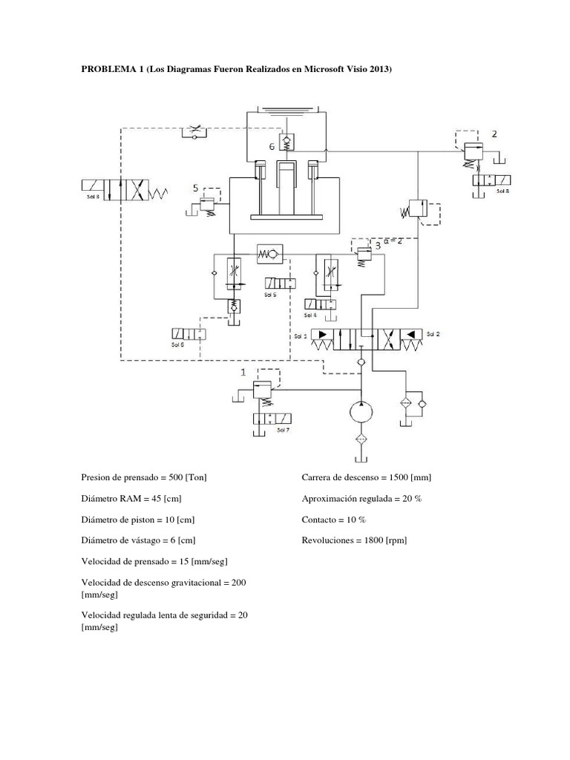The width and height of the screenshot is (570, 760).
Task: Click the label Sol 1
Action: pos(300,335)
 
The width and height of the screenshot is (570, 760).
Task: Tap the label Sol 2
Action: pos(433,335)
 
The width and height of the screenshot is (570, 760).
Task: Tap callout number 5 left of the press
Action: pos(196,189)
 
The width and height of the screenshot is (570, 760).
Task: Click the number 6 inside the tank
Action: pos(272,147)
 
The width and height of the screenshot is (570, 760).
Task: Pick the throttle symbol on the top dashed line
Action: pos(194,131)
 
